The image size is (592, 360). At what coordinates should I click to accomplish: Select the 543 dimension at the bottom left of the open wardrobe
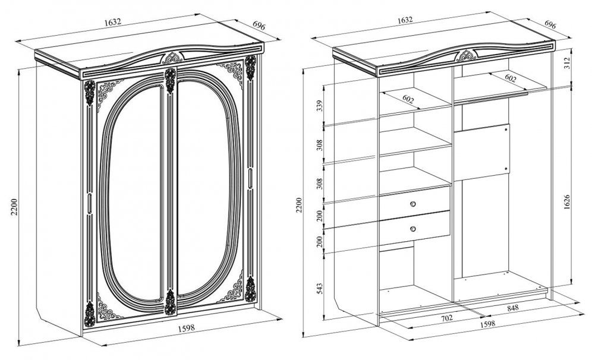coord(320,289)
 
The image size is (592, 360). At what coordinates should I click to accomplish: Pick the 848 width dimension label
coord(513,308)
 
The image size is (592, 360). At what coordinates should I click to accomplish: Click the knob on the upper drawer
coord(412,204)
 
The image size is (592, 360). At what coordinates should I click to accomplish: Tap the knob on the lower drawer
coord(412,229)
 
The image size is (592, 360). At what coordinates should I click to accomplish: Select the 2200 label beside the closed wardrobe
coord(14,207)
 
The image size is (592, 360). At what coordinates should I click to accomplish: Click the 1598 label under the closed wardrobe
coord(187,328)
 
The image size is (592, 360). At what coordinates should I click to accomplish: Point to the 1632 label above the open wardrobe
coord(405,20)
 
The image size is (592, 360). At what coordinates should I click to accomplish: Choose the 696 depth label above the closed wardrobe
coord(259,26)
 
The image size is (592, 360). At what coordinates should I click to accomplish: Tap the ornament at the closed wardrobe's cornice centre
coord(172,58)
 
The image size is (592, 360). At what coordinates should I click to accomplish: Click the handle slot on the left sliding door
coord(90,204)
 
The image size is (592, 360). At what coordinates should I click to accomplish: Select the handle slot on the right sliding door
coord(250,178)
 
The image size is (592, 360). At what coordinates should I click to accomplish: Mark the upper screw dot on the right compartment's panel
coord(506,129)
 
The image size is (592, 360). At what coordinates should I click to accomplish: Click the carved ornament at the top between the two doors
coord(170,80)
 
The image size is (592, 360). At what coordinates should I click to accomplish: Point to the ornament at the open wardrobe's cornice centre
coord(467,55)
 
